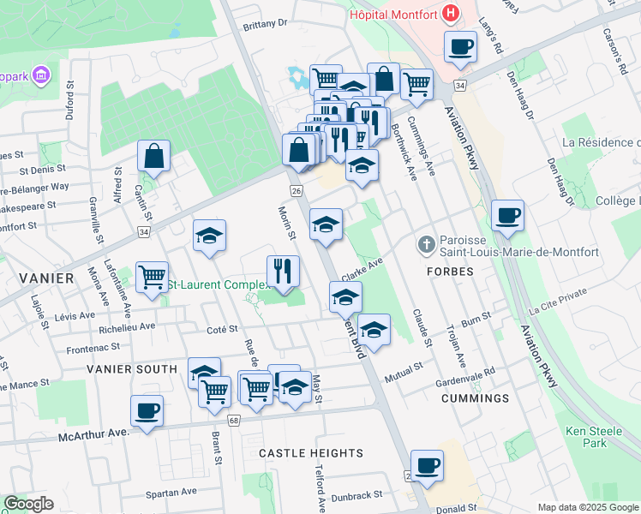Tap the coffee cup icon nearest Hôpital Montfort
coord(460,47)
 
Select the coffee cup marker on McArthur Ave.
coord(147,410)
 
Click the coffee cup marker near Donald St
coord(427,465)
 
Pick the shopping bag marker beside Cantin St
coord(154,157)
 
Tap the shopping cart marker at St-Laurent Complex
coord(152,278)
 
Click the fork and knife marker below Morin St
coord(283,271)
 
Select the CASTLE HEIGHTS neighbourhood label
coord(311,453)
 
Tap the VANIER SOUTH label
coord(131,369)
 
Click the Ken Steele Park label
coord(586,437)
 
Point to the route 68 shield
coord(233,420)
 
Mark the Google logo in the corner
coord(28,504)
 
